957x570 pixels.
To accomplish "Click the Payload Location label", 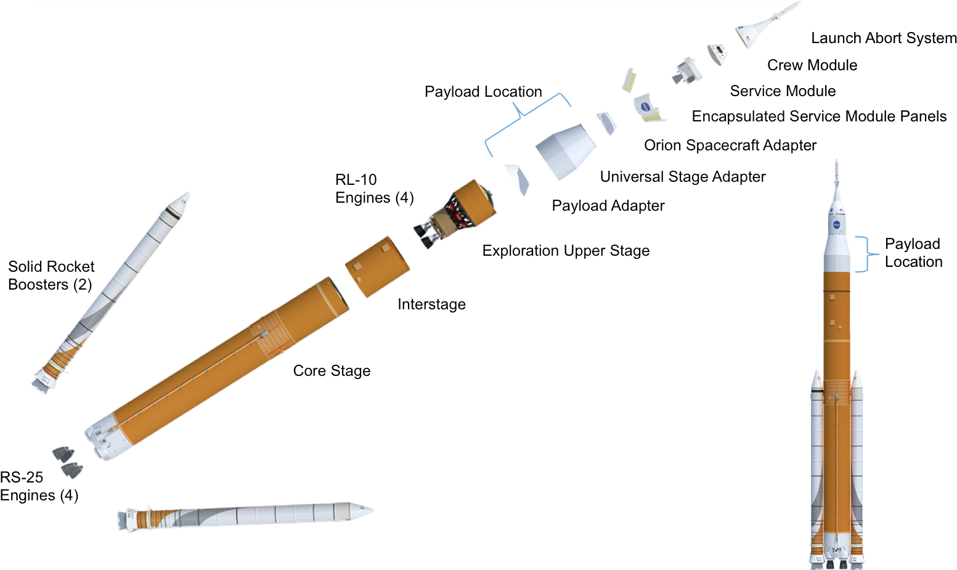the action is (x=483, y=92).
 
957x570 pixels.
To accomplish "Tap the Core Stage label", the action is (x=332, y=371).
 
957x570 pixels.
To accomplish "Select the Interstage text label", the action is (x=431, y=304).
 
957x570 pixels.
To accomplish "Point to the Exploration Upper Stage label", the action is (x=566, y=251).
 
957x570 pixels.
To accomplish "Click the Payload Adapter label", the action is (x=608, y=206).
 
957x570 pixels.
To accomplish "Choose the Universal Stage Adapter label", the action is (x=682, y=177).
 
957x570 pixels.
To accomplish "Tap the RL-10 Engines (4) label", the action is (x=374, y=189).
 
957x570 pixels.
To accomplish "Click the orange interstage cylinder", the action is (x=377, y=266).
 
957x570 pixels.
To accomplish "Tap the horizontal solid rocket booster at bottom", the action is (x=246, y=515).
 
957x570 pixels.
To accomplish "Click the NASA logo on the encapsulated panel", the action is (x=645, y=107).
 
